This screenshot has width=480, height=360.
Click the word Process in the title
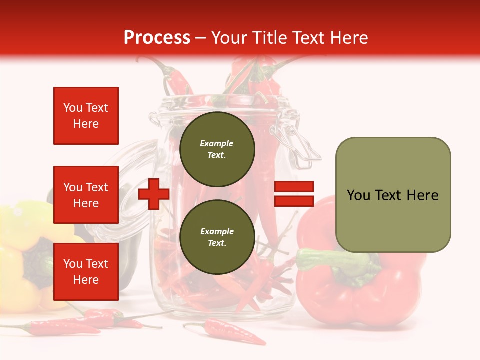(x=157, y=38)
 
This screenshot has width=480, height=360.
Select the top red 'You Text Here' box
(x=86, y=116)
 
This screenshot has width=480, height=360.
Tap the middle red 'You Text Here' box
(x=86, y=195)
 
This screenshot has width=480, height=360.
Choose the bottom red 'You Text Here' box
(x=86, y=272)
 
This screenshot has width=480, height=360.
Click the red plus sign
(x=154, y=194)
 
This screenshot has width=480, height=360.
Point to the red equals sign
(x=294, y=194)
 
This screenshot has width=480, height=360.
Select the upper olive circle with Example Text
(x=217, y=149)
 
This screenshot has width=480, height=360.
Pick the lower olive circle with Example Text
(x=217, y=237)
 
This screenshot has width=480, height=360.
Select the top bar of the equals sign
(x=294, y=187)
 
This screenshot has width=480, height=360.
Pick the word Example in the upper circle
(x=217, y=143)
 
